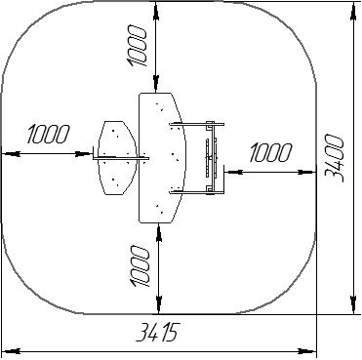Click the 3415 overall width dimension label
pyautogui.click(x=157, y=333)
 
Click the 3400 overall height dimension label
pyautogui.click(x=335, y=158)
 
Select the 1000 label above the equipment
pyautogui.click(x=137, y=47)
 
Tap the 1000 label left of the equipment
pyautogui.click(x=49, y=134)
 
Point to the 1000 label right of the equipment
pyautogui.click(x=270, y=152)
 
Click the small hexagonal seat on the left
pyautogui.click(x=118, y=158)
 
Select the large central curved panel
pyautogui.click(x=162, y=158)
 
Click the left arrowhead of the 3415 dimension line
pyautogui.click(x=11, y=351)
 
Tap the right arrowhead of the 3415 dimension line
pyautogui.click(x=307, y=351)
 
